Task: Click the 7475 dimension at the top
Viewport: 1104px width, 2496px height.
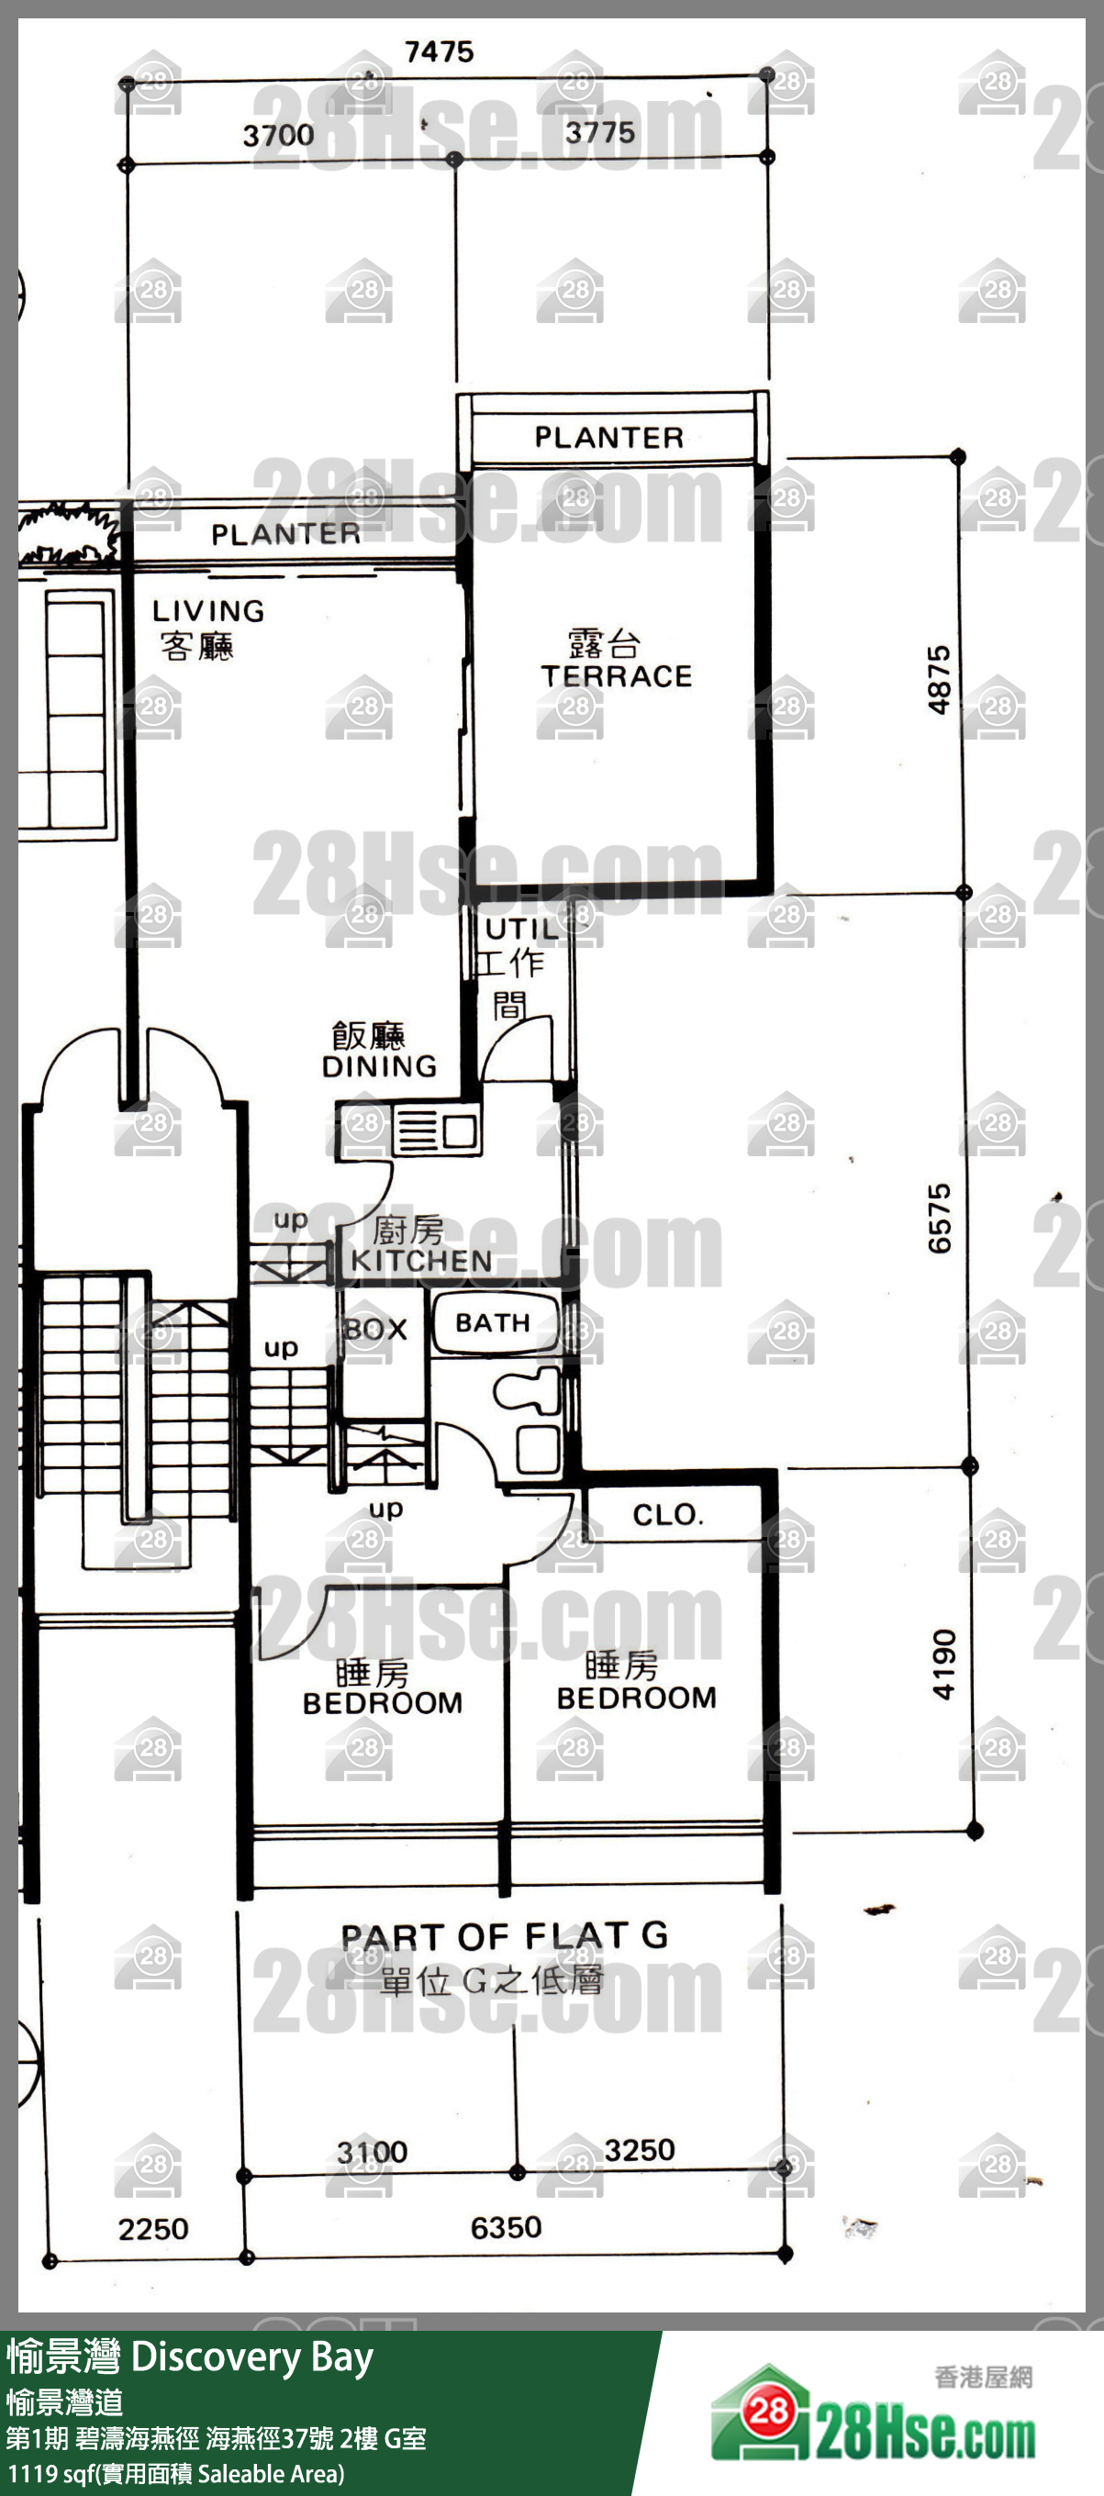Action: pyautogui.click(x=439, y=51)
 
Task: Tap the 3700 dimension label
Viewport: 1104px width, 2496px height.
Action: pyautogui.click(x=278, y=135)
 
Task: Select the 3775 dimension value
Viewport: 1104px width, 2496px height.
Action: pyautogui.click(x=600, y=133)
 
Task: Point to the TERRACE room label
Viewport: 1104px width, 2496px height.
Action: pyautogui.click(x=617, y=675)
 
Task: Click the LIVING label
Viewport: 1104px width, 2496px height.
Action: pyautogui.click(x=208, y=610)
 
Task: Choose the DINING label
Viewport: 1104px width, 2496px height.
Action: pyautogui.click(x=379, y=1065)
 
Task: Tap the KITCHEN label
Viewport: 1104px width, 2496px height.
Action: pyautogui.click(x=421, y=1260)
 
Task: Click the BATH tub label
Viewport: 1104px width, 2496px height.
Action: pyautogui.click(x=493, y=1322)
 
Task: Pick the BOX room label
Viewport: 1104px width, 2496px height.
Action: pyautogui.click(x=376, y=1329)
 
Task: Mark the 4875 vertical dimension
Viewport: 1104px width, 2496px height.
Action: pyautogui.click(x=939, y=680)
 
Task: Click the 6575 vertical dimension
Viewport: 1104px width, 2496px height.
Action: pyautogui.click(x=939, y=1218)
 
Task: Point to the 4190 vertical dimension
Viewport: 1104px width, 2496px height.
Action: pyautogui.click(x=943, y=1665)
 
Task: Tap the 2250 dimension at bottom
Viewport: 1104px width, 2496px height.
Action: pyautogui.click(x=153, y=2229)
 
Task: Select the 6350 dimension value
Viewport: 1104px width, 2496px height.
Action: pyautogui.click(x=506, y=2226)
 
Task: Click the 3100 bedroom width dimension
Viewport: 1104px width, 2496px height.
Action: pyautogui.click(x=373, y=2152)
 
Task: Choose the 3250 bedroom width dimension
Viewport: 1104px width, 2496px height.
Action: pyautogui.click(x=640, y=2149)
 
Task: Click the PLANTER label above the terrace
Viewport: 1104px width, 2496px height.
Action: pyautogui.click(x=609, y=437)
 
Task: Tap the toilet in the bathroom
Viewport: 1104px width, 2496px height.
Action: pyautogui.click(x=527, y=1392)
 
